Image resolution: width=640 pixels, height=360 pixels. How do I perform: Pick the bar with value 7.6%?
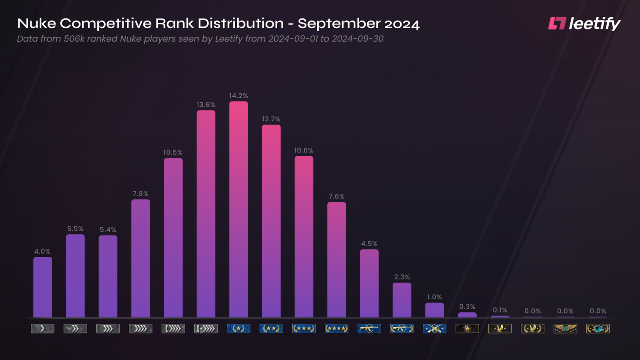(x=336, y=260)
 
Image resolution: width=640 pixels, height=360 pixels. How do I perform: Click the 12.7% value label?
(x=271, y=119)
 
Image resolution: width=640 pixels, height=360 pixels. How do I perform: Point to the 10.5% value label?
(x=173, y=152)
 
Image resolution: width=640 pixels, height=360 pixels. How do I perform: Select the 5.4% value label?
(x=108, y=230)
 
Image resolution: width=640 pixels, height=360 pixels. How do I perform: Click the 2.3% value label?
(x=402, y=277)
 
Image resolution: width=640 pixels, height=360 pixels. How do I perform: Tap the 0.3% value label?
(x=467, y=307)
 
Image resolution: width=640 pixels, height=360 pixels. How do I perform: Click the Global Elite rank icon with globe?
(x=598, y=329)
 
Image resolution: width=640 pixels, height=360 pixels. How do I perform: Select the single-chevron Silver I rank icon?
(x=42, y=329)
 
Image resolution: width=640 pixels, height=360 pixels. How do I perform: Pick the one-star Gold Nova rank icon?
(x=238, y=329)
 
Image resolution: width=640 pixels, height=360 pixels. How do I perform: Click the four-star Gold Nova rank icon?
(x=336, y=329)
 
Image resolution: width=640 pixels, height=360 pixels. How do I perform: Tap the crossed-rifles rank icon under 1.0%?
(x=434, y=329)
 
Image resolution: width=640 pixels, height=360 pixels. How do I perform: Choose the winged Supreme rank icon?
(x=565, y=329)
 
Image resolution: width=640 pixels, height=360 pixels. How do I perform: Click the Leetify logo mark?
(x=557, y=24)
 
